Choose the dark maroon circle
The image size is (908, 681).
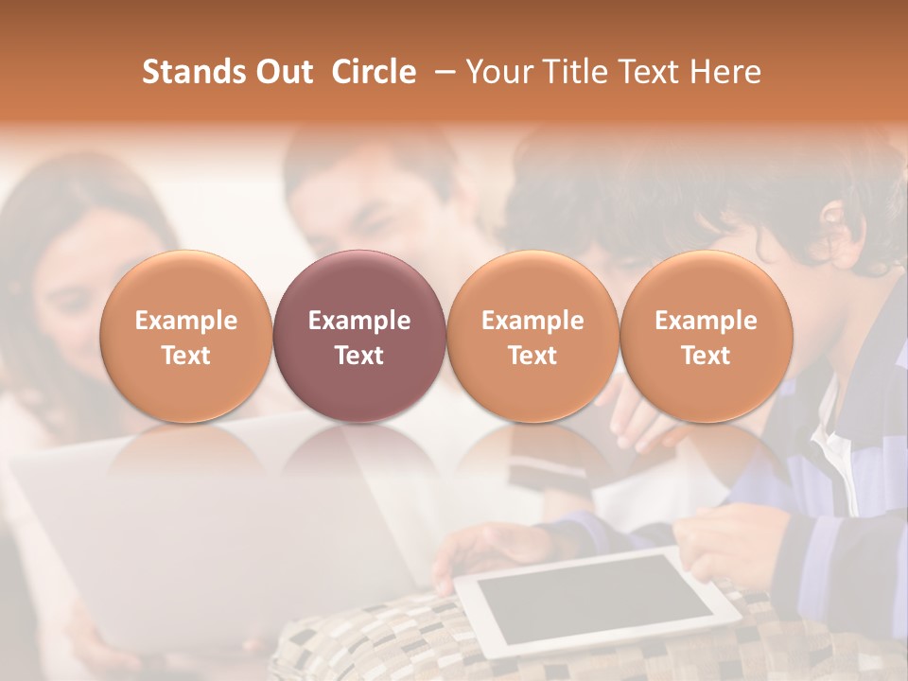[x=359, y=336]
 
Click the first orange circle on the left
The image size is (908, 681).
[x=186, y=336]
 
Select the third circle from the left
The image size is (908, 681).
[x=533, y=336]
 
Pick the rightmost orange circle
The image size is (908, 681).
[x=706, y=336]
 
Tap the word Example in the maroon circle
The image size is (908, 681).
[x=359, y=321]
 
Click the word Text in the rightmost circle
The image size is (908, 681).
[x=706, y=356]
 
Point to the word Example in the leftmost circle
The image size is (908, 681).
[x=186, y=321]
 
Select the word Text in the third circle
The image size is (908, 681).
[x=533, y=356]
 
